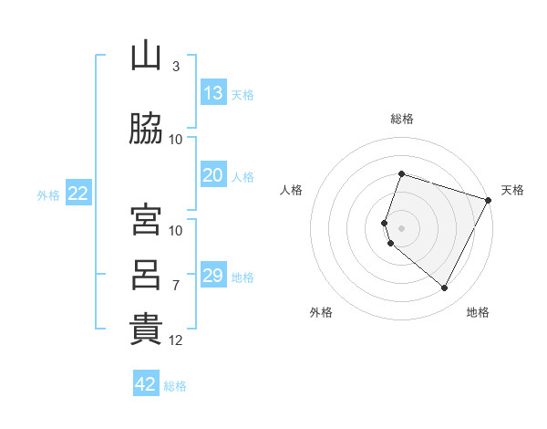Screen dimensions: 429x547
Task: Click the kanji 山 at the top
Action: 146,57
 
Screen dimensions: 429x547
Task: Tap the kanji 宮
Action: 146,220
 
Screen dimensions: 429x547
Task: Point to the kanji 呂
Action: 146,275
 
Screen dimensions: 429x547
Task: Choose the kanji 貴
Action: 146,330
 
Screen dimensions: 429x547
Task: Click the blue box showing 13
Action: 213,93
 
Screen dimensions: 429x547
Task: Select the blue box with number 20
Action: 213,175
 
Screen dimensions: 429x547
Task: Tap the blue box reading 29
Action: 213,276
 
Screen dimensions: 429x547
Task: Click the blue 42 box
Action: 146,384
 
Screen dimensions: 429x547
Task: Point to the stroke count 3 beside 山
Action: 176,67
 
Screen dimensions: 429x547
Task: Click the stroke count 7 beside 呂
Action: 176,286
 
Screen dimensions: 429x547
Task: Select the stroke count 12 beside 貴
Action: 176,340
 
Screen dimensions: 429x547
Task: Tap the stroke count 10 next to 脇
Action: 176,140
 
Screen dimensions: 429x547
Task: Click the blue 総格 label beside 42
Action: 175,386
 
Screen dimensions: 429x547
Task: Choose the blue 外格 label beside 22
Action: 48,194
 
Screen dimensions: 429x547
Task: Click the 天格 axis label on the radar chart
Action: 513,190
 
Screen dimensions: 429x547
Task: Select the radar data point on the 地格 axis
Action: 445,288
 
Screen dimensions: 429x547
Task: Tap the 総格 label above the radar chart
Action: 402,119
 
